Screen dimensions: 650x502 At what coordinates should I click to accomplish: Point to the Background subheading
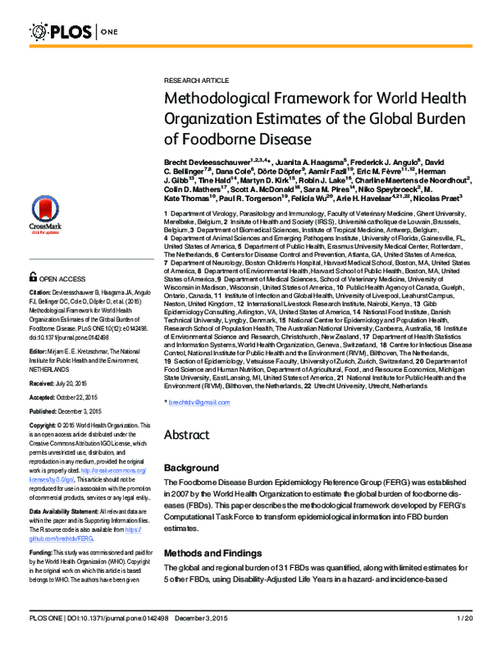[x=191, y=467]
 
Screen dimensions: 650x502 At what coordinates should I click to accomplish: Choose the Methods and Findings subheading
[x=214, y=531]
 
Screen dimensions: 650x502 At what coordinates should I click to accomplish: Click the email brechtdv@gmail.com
[x=199, y=403]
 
